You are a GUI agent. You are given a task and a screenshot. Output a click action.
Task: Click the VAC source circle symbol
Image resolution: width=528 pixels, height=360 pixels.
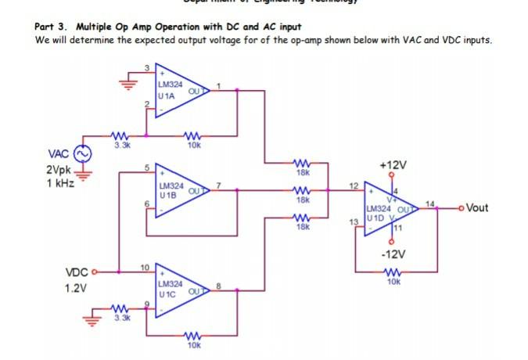pyautogui.click(x=81, y=153)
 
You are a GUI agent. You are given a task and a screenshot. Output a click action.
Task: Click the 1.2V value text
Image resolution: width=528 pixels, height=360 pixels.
pyautogui.click(x=75, y=288)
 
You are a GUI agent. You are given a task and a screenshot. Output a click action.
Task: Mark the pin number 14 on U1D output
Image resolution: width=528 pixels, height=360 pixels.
pyautogui.click(x=428, y=203)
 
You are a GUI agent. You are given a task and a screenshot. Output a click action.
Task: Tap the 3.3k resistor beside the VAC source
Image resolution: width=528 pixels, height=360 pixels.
pyautogui.click(x=121, y=137)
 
